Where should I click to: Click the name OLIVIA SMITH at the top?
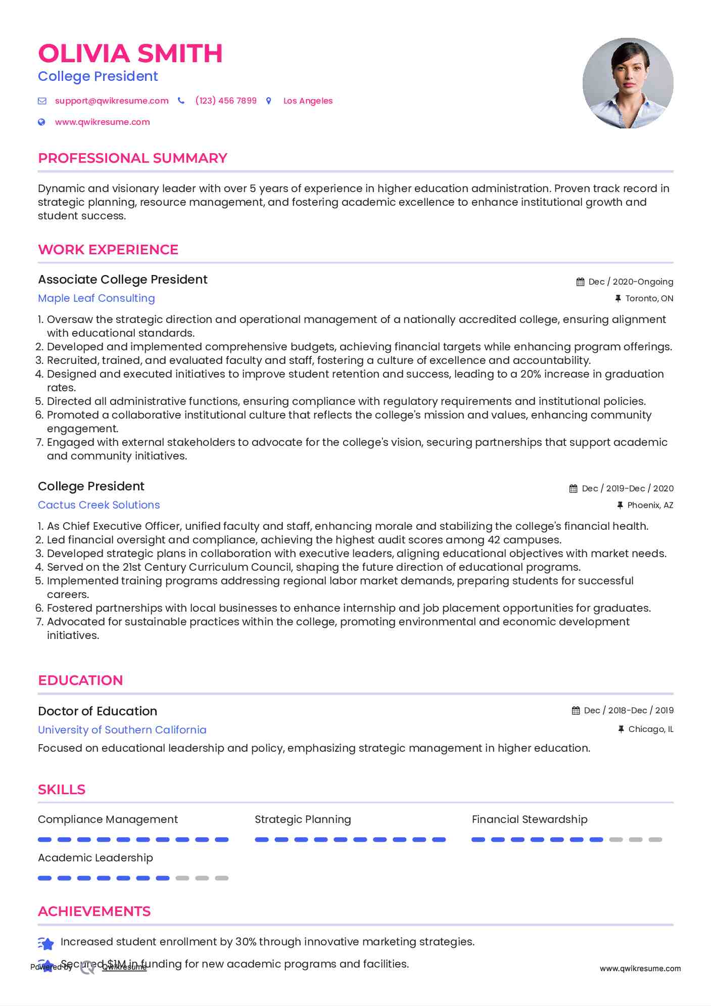click(130, 54)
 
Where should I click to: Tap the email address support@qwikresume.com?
click(112, 101)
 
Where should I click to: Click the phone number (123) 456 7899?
click(226, 101)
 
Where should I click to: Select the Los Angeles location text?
click(308, 101)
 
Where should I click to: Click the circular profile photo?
click(628, 83)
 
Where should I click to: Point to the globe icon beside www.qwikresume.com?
click(42, 122)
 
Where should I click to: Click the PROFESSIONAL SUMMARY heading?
click(132, 158)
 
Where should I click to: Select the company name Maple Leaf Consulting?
click(97, 298)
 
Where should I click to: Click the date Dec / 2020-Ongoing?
click(631, 282)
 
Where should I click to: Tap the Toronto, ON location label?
click(649, 298)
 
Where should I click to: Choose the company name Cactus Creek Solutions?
click(99, 505)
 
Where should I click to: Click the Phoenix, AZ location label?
click(650, 505)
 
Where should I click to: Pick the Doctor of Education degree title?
click(98, 711)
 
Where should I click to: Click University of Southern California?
click(122, 730)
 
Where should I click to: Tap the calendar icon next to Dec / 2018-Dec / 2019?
click(576, 710)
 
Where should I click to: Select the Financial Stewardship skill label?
click(530, 819)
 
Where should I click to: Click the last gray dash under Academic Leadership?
click(222, 878)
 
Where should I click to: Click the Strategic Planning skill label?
click(303, 819)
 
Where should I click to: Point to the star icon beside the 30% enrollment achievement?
click(46, 943)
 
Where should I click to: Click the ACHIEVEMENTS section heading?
click(94, 911)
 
